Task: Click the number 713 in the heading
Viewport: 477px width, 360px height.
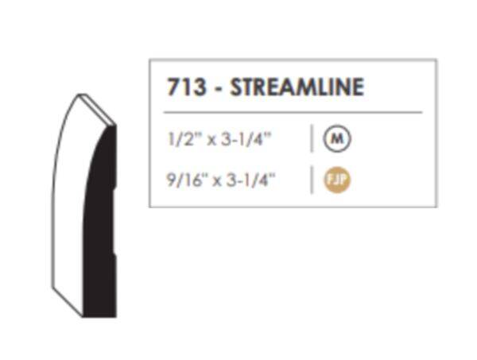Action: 186,87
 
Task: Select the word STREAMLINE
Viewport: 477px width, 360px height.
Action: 297,87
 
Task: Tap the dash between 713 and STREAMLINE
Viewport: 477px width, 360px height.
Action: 218,89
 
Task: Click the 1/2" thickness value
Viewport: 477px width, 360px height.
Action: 183,140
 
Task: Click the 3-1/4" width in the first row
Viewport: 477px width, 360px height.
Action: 246,140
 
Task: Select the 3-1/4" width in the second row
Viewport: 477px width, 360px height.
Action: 250,180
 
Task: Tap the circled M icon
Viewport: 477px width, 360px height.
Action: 337,138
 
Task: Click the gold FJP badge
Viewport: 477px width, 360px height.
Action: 337,180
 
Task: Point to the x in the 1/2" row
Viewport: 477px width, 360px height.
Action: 211,141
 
